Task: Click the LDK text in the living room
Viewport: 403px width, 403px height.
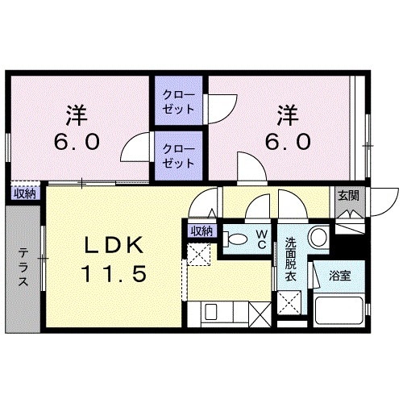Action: coord(112,244)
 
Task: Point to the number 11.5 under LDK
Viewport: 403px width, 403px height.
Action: coord(113,274)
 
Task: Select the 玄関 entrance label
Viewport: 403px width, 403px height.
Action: coord(348,195)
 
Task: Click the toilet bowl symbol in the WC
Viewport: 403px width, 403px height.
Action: coord(237,239)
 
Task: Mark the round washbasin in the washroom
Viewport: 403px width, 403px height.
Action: coord(318,238)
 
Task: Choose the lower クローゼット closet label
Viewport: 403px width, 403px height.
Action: coord(178,156)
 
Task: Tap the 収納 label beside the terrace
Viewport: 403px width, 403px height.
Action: coord(24,193)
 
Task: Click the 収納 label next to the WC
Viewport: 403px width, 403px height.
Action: coord(201,231)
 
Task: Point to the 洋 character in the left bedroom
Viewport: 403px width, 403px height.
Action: coord(77,113)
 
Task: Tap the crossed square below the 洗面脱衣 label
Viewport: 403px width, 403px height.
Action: coord(289,305)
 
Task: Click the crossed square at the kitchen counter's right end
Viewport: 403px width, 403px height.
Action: coord(260,311)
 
